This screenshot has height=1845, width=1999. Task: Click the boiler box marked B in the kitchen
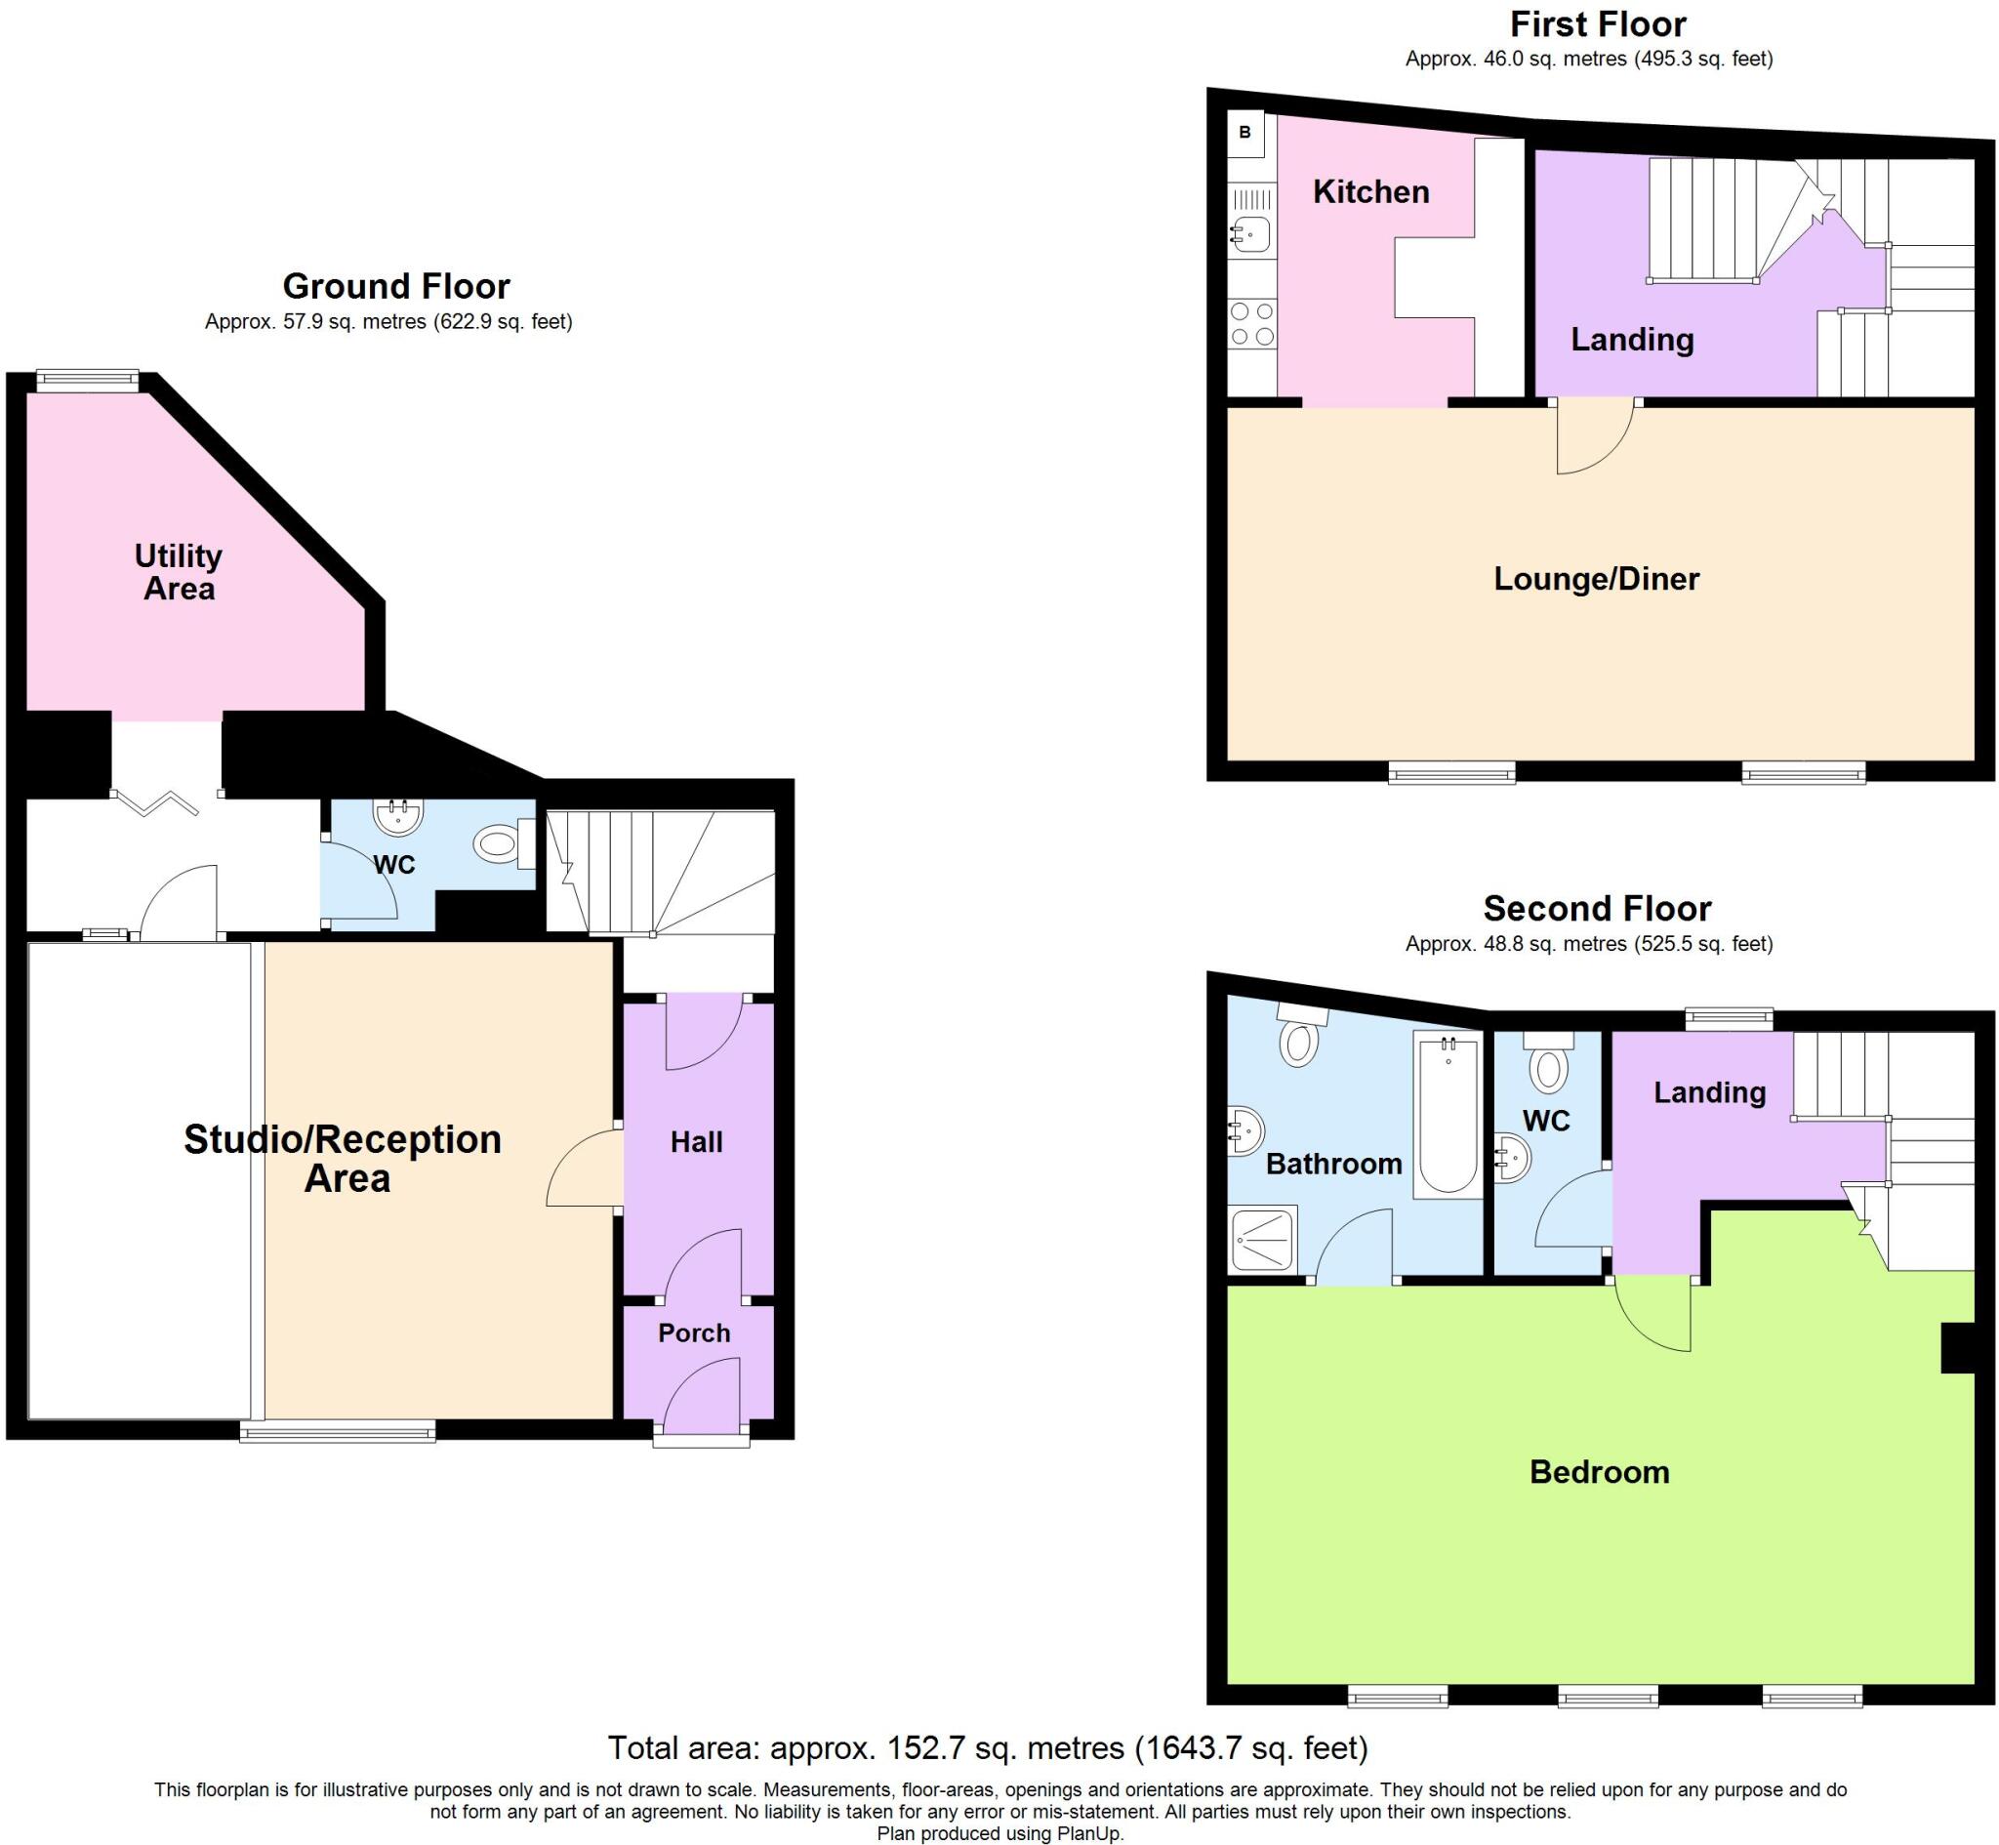pyautogui.click(x=1244, y=133)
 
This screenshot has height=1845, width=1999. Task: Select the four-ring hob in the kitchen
pyautogui.click(x=1251, y=323)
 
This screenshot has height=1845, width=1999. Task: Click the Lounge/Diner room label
pyautogui.click(x=1596, y=579)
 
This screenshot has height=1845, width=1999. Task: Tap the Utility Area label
pyautogui.click(x=179, y=571)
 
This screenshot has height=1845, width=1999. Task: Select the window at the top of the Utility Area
pyautogui.click(x=88, y=380)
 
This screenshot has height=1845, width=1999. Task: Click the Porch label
pyautogui.click(x=694, y=1332)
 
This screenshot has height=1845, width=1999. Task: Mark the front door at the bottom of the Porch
pyautogui.click(x=702, y=1438)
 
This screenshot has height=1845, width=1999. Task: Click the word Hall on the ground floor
pyautogui.click(x=696, y=1142)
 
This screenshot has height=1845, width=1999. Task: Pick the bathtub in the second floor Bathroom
pyautogui.click(x=1448, y=1115)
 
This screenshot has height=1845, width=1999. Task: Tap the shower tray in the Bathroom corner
pyautogui.click(x=1262, y=1239)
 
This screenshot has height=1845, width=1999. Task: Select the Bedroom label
pyautogui.click(x=1599, y=1472)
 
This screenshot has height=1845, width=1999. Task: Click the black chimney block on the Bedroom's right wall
pyautogui.click(x=1957, y=1348)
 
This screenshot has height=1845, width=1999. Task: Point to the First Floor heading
pyautogui.click(x=1597, y=24)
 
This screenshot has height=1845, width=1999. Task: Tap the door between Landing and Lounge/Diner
pyautogui.click(x=1595, y=435)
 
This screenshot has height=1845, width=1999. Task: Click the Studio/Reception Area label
pyautogui.click(x=343, y=1158)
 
